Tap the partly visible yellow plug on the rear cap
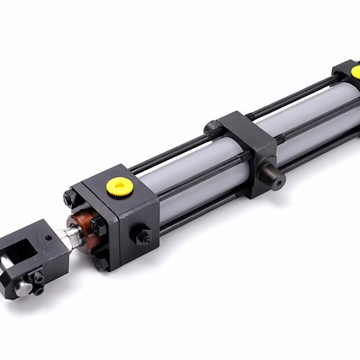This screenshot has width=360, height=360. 356,72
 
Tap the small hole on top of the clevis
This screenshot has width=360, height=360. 48,238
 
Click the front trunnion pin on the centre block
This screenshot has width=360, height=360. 273,175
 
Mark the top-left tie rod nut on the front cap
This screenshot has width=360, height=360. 69,198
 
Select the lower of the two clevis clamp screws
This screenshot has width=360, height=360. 38,290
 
